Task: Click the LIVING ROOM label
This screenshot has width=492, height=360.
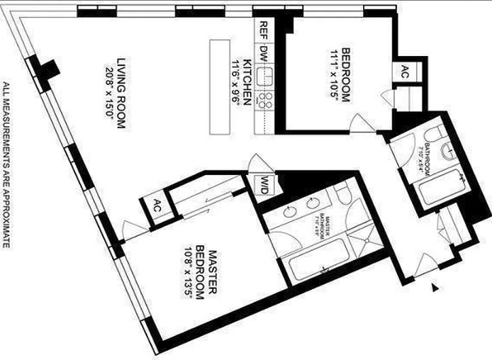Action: [x=121, y=92]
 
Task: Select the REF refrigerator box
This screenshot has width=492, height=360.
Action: [x=263, y=31]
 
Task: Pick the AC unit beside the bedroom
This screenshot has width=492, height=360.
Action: [x=404, y=72]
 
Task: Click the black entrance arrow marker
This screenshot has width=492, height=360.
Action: [x=435, y=287]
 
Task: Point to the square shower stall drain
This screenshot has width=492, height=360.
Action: [x=364, y=234]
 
